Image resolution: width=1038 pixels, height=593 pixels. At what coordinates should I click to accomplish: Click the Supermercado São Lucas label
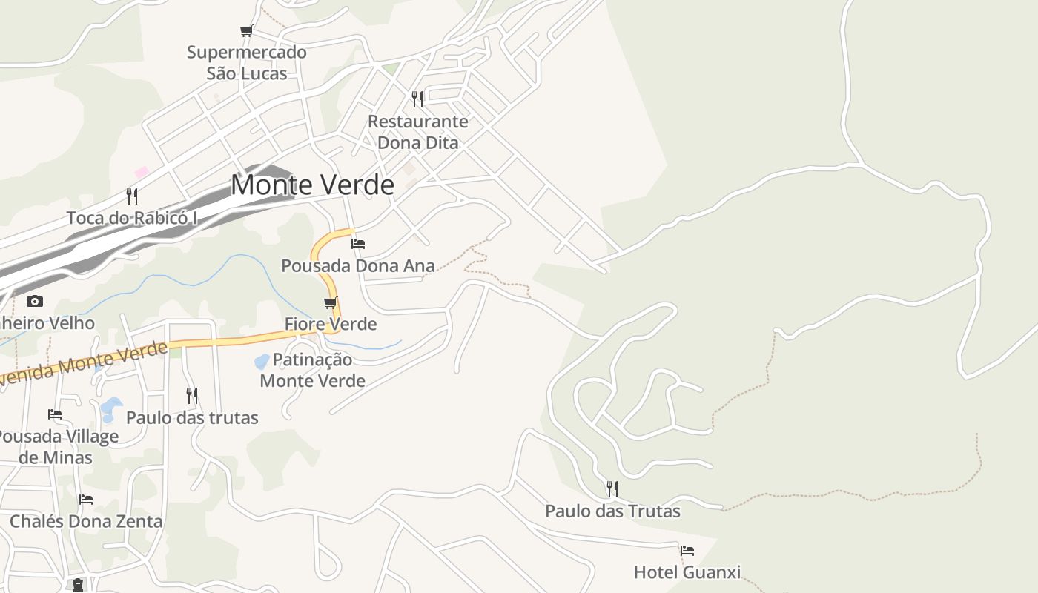[x=246, y=63]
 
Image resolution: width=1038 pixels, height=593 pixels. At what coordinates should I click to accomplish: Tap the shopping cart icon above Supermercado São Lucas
[x=246, y=30]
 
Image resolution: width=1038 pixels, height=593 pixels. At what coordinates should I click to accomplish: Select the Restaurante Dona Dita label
[x=418, y=131]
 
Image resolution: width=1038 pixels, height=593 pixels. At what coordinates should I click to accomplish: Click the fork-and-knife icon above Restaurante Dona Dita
[x=417, y=99]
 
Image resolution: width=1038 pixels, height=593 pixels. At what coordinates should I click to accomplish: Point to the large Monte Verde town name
[x=312, y=185]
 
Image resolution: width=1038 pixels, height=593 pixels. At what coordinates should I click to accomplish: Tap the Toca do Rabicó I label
[x=132, y=218]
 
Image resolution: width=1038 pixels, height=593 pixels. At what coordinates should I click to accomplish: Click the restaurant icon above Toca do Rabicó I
[x=132, y=196]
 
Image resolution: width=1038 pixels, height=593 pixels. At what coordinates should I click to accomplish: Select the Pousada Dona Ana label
[x=358, y=265]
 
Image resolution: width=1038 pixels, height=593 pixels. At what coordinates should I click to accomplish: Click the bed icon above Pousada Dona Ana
[x=358, y=243]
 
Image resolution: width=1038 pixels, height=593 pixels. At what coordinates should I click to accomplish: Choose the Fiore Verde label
[x=331, y=324]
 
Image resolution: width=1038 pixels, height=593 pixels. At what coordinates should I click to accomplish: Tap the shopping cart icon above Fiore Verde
[x=331, y=302]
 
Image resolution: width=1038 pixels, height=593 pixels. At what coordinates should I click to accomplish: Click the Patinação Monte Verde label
[x=312, y=370]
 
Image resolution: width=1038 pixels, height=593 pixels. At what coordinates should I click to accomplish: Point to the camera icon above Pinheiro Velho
[x=34, y=301]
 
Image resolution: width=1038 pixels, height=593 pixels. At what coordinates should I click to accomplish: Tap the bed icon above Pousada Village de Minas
[x=55, y=414]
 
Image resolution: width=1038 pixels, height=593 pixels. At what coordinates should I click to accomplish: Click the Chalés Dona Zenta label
[x=86, y=521]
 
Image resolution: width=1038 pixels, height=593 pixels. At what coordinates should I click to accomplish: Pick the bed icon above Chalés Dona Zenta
[x=86, y=500]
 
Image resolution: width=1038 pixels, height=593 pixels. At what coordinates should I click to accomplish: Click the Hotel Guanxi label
[x=687, y=572]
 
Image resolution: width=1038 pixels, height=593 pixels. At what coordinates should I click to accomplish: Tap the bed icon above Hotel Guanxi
[x=687, y=551]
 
